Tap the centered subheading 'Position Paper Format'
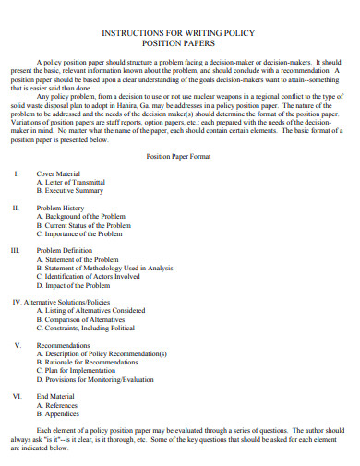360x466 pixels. pos(179,157)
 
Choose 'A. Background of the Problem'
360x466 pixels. pos(81,217)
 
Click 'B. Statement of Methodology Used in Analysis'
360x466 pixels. pos(105,268)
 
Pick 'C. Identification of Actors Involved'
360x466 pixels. pos(89,276)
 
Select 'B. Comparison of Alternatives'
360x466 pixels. pos(82,319)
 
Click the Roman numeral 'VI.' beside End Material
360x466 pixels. pos(17,396)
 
